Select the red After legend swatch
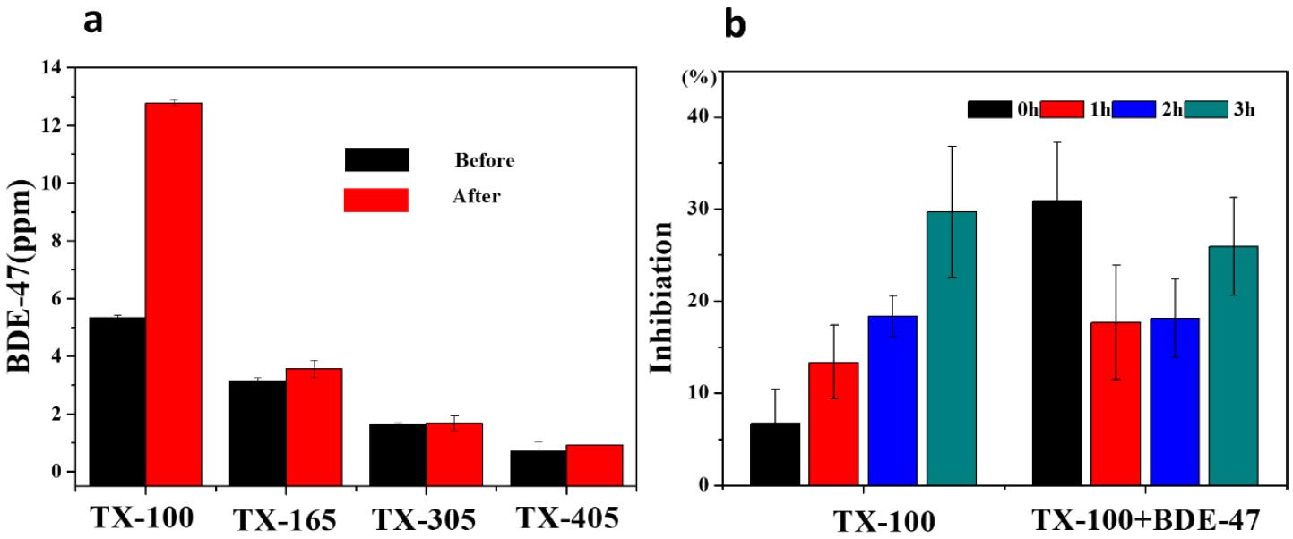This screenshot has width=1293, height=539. coord(376,200)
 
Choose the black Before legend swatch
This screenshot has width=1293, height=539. coord(376,159)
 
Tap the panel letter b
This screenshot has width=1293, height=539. coord(734,26)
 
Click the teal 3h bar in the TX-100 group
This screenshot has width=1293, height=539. coord(952,348)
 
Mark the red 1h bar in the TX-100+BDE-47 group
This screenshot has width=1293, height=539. coord(1116,403)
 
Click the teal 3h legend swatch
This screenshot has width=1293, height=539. coord(1207,109)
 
